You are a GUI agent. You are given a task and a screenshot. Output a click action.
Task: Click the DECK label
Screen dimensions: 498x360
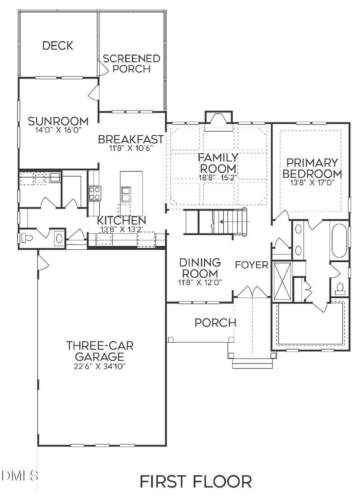pos(58,46)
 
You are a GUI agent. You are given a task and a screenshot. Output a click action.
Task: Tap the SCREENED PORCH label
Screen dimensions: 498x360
pos(132,64)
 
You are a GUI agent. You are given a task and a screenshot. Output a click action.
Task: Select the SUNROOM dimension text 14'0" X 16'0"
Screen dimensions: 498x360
pos(58,130)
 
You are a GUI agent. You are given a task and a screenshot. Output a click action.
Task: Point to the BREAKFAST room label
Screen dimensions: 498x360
pos(131,139)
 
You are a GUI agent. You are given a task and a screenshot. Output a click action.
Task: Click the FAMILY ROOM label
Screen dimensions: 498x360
pos(218,163)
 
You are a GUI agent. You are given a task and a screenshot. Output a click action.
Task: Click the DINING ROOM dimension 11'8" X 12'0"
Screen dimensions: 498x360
pos(200,282)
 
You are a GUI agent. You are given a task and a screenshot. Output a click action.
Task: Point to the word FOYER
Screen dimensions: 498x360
pos(251,265)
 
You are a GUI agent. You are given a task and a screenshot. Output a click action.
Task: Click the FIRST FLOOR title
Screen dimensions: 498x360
pos(196,481)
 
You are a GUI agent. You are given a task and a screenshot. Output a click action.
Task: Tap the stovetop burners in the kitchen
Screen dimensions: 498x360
pos(95,193)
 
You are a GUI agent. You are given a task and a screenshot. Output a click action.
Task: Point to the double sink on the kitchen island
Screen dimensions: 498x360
pos(126,193)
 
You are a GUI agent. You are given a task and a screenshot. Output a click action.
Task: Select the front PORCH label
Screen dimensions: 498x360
pos(215,322)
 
